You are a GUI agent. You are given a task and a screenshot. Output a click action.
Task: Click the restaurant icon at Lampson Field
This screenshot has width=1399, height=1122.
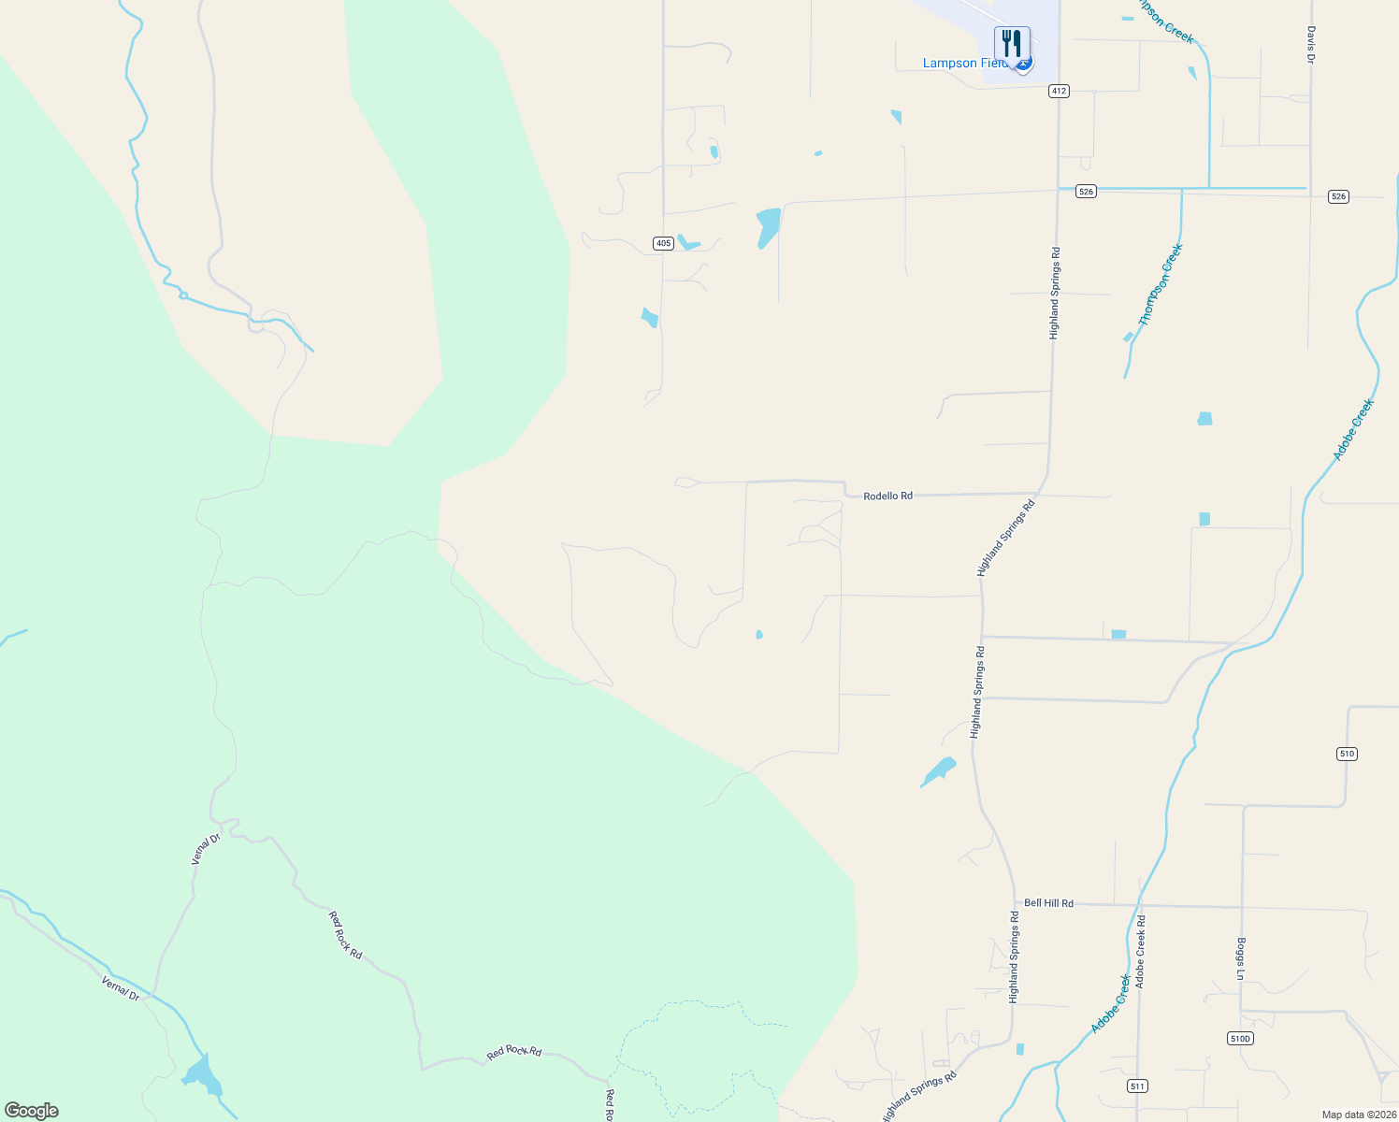(x=1011, y=43)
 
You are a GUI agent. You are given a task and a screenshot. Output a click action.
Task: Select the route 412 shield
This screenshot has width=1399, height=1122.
(x=1059, y=91)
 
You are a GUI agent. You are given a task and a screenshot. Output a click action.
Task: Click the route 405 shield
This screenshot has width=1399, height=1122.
(x=663, y=243)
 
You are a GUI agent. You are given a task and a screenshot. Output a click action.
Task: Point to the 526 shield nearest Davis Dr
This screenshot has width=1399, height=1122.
(x=1338, y=196)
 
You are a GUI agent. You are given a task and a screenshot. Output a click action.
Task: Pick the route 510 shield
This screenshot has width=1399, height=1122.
(x=1346, y=754)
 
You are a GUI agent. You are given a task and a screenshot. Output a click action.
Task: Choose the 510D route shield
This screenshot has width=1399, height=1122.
(x=1239, y=1039)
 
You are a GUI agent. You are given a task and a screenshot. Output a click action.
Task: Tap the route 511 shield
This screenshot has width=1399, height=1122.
(x=1136, y=1086)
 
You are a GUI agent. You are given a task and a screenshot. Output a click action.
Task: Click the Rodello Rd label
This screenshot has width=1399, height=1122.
(x=887, y=496)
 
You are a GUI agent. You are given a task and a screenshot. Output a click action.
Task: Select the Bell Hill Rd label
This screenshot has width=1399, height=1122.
(x=1048, y=903)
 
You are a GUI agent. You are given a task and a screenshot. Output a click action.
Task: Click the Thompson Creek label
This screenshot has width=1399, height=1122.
(x=1161, y=284)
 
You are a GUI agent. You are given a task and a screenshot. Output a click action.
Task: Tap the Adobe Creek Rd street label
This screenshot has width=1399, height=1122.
(x=1140, y=952)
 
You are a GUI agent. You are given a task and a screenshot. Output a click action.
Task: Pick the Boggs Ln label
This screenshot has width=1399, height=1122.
(x=1241, y=958)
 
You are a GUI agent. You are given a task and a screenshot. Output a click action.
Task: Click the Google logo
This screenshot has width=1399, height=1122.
(x=32, y=1111)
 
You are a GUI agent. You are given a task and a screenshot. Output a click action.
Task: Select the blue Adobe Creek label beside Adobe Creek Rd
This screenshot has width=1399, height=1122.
(x=1111, y=1004)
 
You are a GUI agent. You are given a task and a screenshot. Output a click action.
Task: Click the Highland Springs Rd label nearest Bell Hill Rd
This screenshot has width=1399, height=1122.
(x=1014, y=957)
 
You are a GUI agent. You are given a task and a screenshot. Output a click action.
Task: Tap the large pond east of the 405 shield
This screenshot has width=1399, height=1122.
(x=768, y=227)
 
